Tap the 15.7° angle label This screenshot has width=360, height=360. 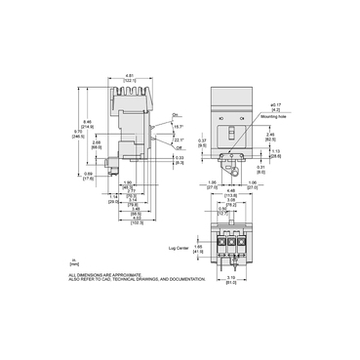coord(177,128)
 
